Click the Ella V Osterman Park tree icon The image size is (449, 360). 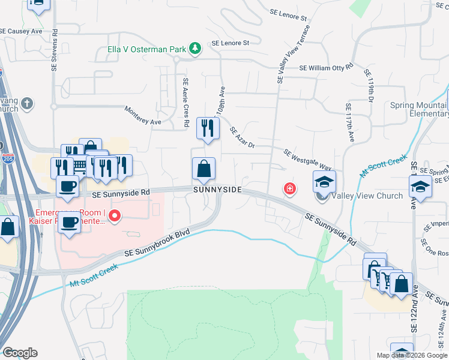(194, 48)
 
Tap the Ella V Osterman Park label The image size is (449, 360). (146, 48)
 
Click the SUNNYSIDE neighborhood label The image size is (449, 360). (217, 190)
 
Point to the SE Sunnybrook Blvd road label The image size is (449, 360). (157, 245)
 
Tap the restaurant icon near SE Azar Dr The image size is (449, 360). (208, 128)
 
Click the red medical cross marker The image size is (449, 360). (290, 189)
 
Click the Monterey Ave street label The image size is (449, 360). (143, 116)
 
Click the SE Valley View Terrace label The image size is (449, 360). (294, 54)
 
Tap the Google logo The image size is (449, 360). (20, 353)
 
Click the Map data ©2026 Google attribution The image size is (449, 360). (411, 355)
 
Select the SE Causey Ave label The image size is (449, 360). (21, 30)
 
